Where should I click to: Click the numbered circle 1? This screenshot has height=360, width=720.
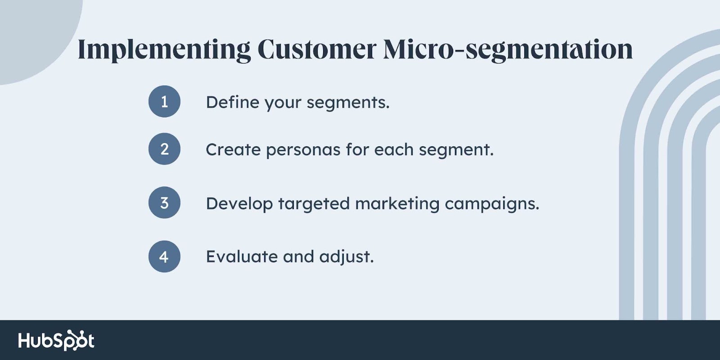tap(164, 101)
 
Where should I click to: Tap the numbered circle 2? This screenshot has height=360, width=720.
tap(164, 149)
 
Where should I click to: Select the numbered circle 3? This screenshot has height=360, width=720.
tap(164, 202)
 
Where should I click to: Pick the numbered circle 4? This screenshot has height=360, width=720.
tap(164, 256)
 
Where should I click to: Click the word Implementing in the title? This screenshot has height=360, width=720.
tap(164, 50)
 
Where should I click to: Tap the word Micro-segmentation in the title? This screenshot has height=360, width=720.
tap(508, 50)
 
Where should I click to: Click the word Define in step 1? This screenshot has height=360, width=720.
tap(232, 102)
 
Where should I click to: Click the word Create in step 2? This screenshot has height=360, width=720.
tap(233, 149)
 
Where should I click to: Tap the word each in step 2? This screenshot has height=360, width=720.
tap(393, 149)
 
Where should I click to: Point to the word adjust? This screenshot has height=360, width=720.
tap(346, 257)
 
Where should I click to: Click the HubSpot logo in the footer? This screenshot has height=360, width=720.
tap(56, 340)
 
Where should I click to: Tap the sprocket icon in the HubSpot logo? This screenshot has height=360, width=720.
tap(76, 340)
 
